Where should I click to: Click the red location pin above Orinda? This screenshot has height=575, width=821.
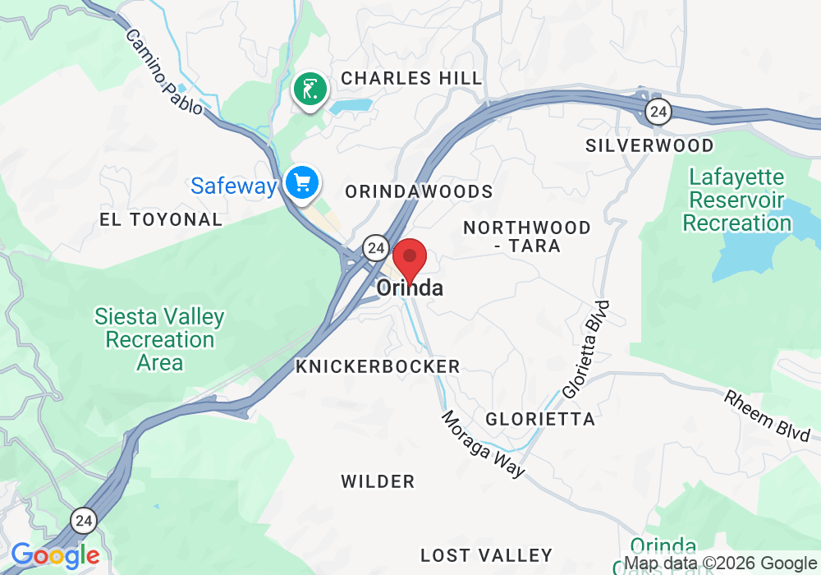coord(410,260)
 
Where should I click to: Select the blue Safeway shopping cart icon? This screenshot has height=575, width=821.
coord(302,182)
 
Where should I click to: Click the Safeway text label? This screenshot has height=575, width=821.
coord(234,186)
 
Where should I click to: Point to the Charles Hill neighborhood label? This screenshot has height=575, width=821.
coord(411,79)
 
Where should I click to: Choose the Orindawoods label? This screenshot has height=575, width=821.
coord(419,191)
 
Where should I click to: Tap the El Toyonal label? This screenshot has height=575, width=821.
coord(161,219)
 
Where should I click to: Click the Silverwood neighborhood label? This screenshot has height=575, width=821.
coord(649,145)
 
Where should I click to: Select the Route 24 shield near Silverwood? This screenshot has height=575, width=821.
coord(658,112)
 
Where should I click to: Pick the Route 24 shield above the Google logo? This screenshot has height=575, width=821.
coord(84,520)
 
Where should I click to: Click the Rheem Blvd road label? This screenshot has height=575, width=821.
coord(768,415)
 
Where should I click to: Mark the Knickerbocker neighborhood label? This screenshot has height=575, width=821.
coord(378,366)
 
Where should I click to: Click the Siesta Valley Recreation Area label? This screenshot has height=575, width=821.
coord(159,338)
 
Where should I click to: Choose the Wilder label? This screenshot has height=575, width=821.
coord(378,481)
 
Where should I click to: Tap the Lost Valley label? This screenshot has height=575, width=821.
coord(486,555)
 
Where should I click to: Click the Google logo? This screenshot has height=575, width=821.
coord(54,556)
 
